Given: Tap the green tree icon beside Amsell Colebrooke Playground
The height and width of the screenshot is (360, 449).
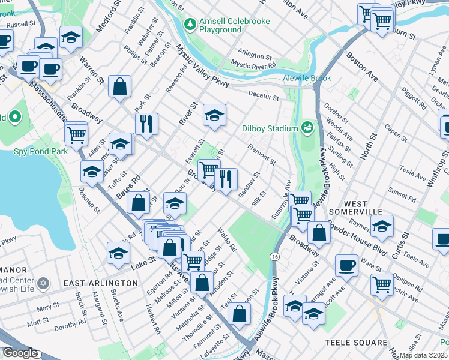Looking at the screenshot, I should tap(190, 24).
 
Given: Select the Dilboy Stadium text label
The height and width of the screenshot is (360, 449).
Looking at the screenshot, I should tap(270, 128).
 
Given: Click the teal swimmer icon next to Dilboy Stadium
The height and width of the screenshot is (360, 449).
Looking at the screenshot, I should tap(307, 127).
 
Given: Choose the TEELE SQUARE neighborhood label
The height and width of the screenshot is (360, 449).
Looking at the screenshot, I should tap(355, 343).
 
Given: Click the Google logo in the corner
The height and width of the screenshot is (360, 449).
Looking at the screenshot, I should tap(20, 353).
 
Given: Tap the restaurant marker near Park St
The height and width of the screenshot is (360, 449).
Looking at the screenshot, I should tap(146, 124).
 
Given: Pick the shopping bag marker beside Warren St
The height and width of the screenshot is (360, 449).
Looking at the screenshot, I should tap(120, 86).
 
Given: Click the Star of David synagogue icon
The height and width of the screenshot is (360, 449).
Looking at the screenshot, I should tap(43, 283).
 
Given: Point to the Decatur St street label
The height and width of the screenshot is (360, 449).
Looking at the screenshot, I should tap(264, 97).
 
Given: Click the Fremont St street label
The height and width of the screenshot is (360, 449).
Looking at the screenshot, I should tap(262, 154).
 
